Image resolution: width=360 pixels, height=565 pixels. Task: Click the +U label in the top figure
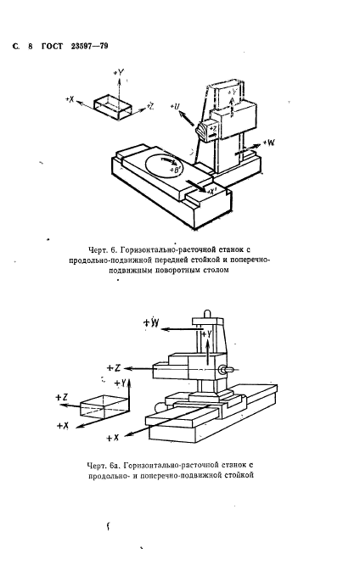tap(176, 107)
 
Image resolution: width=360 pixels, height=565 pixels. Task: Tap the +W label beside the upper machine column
tap(268, 143)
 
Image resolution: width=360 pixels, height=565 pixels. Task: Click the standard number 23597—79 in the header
tap(88, 43)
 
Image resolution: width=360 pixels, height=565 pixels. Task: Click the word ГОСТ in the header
tap(53, 43)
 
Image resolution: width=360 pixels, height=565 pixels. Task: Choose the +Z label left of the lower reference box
tap(61, 396)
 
